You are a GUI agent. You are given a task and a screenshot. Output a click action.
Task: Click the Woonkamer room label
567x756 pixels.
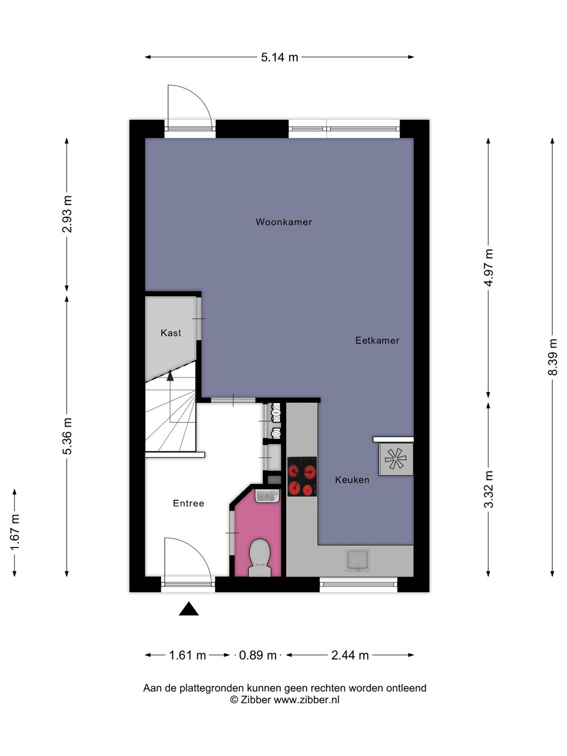tap(283, 222)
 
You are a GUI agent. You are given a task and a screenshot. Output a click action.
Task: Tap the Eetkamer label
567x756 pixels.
tap(377, 340)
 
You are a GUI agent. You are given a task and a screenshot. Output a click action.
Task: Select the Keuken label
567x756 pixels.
tap(352, 480)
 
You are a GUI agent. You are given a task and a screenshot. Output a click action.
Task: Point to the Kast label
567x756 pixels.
tap(171, 333)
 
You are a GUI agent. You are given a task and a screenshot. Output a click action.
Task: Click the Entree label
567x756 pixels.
tap(188, 503)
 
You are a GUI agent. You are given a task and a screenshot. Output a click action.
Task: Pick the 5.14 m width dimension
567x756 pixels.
tap(279, 57)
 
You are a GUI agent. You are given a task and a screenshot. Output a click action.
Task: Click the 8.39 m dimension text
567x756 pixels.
tap(552, 357)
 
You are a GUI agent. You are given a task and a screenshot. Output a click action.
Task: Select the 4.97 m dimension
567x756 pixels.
tap(489, 268)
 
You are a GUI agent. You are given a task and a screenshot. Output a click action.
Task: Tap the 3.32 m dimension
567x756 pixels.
tap(489, 489)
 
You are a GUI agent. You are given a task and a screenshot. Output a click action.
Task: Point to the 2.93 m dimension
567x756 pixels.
tap(67, 214)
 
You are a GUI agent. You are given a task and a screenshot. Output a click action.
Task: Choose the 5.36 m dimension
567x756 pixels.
tap(67, 436)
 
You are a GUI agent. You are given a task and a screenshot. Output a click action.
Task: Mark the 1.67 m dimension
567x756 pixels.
tap(15, 533)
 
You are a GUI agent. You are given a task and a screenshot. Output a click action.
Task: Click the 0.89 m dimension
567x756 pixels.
tap(258, 655)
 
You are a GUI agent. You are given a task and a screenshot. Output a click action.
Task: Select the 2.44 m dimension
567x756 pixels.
tap(350, 655)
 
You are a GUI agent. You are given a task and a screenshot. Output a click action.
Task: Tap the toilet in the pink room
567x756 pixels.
tap(259, 558)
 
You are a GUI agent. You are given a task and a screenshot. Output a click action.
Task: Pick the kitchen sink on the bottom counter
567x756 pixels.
tap(358, 560)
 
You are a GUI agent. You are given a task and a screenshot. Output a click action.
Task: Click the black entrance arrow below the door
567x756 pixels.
tap(188, 609)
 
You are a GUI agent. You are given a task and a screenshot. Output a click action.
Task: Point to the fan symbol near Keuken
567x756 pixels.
tap(395, 459)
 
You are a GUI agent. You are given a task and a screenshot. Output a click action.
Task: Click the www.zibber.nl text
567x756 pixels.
tap(307, 700)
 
